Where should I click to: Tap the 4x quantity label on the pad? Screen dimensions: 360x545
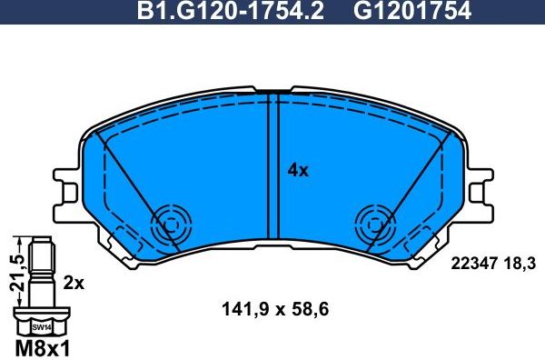(298, 170)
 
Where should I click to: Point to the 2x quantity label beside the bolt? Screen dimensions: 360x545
(74, 283)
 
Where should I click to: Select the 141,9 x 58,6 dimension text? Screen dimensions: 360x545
(273, 309)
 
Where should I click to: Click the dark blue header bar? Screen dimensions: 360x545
(91, 12)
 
